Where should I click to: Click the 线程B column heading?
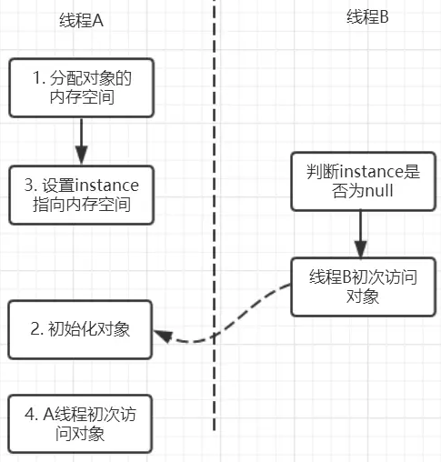click(x=367, y=17)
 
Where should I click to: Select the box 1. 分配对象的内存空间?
click(x=80, y=87)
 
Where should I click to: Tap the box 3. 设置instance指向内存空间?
click(x=80, y=195)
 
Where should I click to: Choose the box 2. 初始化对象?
click(x=80, y=328)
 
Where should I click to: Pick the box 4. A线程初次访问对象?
click(x=80, y=424)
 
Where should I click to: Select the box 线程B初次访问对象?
click(x=361, y=287)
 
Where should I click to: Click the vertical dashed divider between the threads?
click(x=215, y=227)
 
